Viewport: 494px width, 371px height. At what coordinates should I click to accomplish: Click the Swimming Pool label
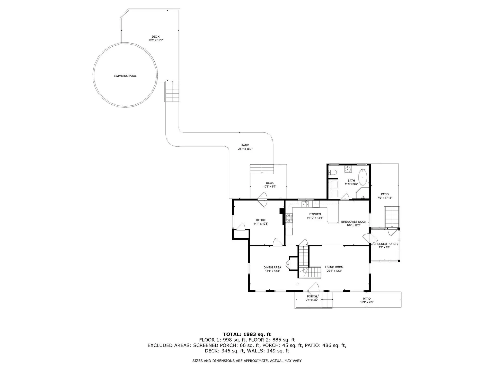(125, 76)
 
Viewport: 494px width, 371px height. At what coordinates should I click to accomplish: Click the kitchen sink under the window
(305, 204)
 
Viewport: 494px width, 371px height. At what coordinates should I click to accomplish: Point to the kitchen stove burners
(289, 218)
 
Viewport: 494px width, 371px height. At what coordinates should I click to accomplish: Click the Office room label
(261, 220)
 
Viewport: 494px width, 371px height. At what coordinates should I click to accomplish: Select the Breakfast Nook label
(354, 222)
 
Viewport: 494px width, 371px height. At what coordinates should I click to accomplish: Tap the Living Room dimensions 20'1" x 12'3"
(334, 271)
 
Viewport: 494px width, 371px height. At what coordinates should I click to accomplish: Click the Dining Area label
(272, 267)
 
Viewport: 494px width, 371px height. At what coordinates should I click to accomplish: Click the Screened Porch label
(384, 244)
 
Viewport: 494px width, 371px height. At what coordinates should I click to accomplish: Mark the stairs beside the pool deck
(172, 91)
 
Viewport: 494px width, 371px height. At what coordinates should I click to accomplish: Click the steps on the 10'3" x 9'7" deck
(262, 169)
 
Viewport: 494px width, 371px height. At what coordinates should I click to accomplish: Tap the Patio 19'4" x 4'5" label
(367, 300)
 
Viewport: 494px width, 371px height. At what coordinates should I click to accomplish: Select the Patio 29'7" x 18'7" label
(245, 147)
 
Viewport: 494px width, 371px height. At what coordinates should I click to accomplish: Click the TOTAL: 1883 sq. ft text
(247, 335)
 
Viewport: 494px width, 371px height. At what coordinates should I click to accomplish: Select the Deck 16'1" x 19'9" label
(156, 38)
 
